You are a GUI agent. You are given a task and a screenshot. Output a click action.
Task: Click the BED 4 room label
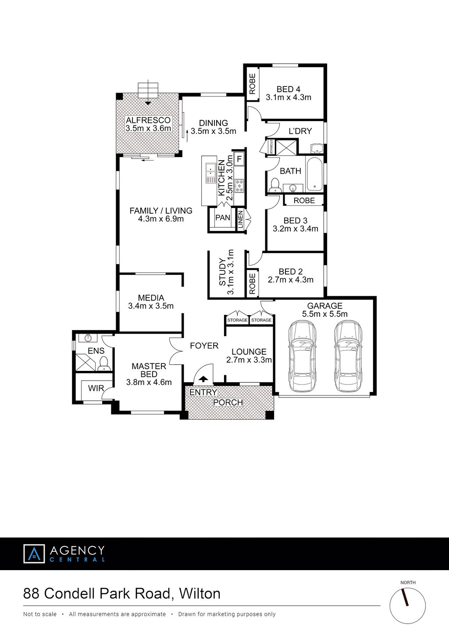tap(289, 89)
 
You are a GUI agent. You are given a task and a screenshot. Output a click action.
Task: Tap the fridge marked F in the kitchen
tap(239, 159)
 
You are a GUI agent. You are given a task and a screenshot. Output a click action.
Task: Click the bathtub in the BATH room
tap(314, 174)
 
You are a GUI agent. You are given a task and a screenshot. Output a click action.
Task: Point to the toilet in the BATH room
tap(275, 185)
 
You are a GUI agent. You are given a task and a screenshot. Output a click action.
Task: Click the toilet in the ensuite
tap(104, 364)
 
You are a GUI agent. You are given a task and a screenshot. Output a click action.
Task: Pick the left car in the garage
tap(302, 356)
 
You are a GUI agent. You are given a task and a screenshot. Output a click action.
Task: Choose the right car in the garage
tap(348, 356)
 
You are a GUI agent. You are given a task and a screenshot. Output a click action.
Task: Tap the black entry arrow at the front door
tap(203, 379)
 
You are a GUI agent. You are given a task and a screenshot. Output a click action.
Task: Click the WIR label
tap(96, 388)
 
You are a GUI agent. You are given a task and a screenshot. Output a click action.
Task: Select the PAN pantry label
tap(223, 218)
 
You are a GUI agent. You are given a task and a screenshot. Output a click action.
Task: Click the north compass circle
tap(408, 606)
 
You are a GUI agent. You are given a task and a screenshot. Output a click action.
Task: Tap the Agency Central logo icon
tap(34, 553)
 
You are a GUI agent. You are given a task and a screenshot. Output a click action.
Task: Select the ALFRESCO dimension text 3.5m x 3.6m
tap(148, 128)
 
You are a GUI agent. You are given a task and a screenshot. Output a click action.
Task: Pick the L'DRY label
tap(300, 131)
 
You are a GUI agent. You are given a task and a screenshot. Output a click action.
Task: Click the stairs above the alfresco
tap(148, 90)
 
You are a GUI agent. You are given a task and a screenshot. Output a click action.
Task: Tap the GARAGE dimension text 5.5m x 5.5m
tap(325, 314)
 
